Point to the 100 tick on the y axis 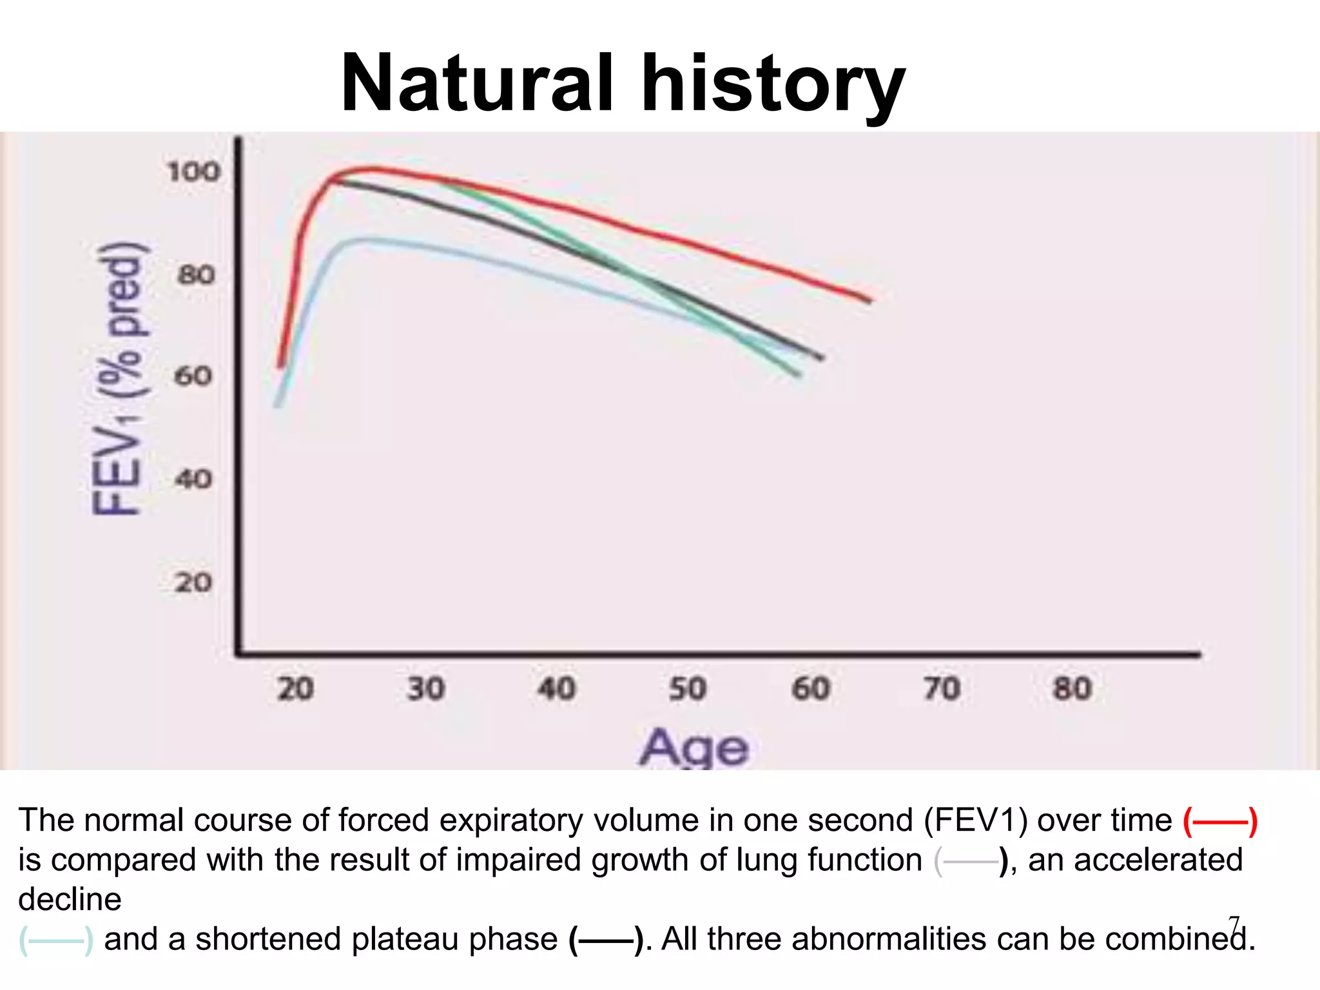(193, 172)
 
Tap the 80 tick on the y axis (196, 275)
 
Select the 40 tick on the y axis (193, 479)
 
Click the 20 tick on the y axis (193, 583)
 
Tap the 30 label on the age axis (426, 688)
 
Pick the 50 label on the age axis (687, 688)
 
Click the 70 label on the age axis (942, 688)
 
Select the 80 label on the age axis (1072, 688)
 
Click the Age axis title (694, 748)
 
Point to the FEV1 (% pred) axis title (119, 380)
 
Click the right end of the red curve (869, 300)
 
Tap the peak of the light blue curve (364, 240)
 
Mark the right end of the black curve (822, 358)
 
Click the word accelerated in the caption (1135, 860)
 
